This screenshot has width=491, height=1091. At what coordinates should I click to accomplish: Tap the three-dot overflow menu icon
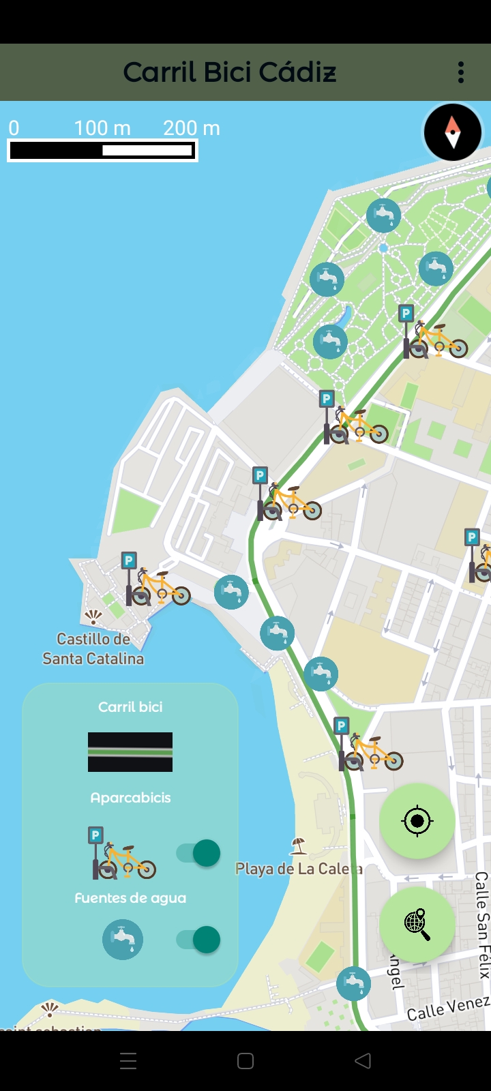point(461,72)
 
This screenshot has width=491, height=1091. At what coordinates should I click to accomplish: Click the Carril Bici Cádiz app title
point(230,72)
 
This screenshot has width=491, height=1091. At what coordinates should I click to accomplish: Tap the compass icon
point(453,132)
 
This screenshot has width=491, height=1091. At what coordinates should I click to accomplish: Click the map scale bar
point(102,151)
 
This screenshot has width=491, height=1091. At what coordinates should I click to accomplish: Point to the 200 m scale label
point(192,128)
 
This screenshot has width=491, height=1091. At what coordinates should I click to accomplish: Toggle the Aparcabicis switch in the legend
point(198,853)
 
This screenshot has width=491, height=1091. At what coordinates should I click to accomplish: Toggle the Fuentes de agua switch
point(198,940)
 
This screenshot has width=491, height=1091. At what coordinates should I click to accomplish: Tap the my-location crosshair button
point(417,820)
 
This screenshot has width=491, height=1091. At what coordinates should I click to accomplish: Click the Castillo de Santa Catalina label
point(93,648)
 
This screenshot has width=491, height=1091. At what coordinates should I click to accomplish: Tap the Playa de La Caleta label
point(298,869)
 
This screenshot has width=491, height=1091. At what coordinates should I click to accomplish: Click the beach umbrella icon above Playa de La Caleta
point(298,846)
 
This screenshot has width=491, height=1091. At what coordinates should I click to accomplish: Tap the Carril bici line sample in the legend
point(130,752)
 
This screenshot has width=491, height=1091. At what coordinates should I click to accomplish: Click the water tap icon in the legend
point(123,940)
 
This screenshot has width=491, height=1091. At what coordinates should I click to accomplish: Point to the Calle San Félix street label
point(482,925)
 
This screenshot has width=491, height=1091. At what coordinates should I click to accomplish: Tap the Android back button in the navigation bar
point(363,1060)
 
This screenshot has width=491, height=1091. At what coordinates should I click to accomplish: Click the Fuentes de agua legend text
point(130,898)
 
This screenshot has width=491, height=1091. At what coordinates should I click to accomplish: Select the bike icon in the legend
point(124,854)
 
